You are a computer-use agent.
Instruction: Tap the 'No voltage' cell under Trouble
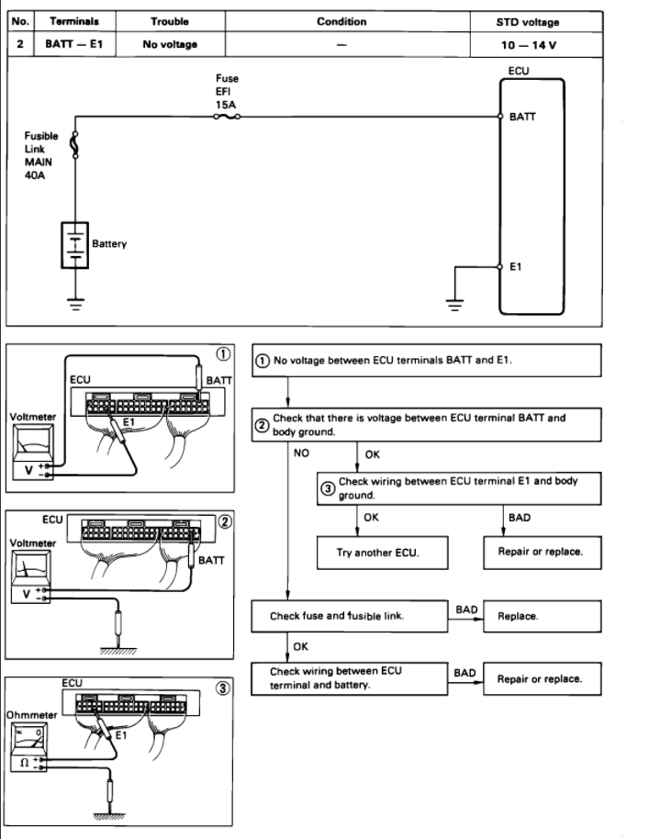tap(169, 44)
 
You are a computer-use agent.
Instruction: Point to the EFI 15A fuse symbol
tap(229, 117)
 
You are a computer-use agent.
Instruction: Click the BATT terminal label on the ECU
tap(522, 117)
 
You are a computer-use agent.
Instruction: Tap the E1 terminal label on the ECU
tap(516, 267)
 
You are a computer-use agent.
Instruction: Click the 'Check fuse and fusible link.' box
tap(349, 616)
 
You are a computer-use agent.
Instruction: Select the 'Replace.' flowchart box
tap(543, 616)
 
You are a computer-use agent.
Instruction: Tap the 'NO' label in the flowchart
tap(302, 453)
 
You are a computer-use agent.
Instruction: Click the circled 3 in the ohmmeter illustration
tap(223, 688)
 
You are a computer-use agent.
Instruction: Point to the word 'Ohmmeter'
tap(30, 714)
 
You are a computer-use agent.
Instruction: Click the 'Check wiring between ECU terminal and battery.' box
tap(349, 678)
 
